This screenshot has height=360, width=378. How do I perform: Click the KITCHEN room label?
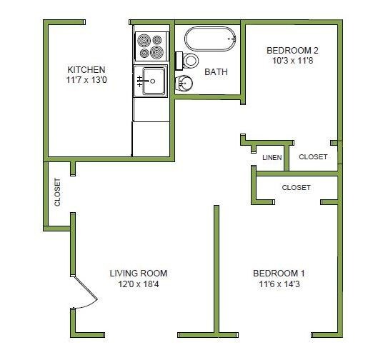click(86, 69)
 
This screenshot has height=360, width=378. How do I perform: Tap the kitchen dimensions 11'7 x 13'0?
click(86, 81)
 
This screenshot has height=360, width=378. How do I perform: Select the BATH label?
click(216, 71)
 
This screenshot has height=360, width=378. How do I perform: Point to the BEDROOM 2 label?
click(292, 50)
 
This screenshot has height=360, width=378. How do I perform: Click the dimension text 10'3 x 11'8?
click(292, 61)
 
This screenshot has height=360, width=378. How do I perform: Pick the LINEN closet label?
click(272, 157)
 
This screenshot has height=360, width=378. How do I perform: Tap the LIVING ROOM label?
click(139, 273)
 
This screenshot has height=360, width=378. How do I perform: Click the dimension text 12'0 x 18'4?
click(139, 284)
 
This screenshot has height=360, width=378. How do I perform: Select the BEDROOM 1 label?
click(279, 273)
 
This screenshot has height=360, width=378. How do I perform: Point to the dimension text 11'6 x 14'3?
click(279, 284)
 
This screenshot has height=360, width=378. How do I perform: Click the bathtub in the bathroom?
click(210, 38)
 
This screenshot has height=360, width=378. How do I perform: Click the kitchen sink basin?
click(154, 80)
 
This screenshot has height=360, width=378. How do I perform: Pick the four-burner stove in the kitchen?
click(151, 46)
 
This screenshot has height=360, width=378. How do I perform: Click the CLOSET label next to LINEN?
click(313, 157)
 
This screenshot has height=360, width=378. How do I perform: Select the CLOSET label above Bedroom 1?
click(296, 188)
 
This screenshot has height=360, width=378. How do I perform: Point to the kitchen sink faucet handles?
click(140, 81)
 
